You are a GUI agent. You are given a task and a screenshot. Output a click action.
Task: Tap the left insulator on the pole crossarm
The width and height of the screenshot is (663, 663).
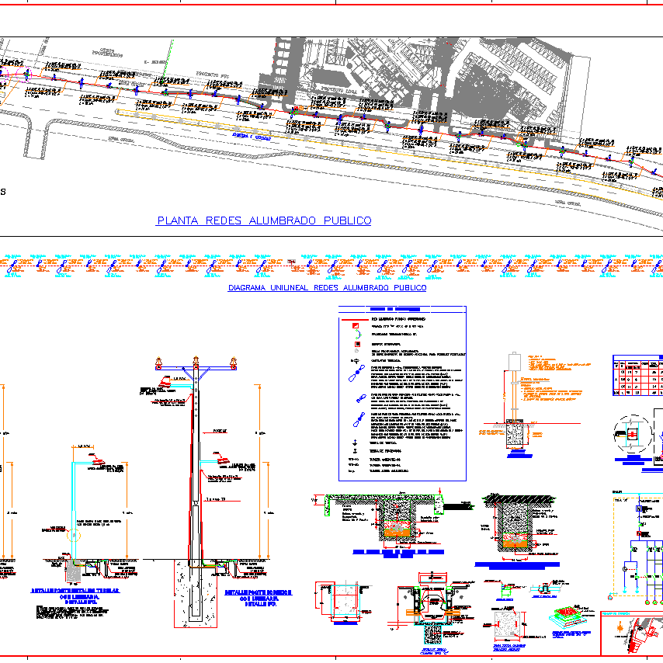coord(159,361)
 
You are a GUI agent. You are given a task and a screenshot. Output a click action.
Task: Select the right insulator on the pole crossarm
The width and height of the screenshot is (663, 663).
coord(233,361)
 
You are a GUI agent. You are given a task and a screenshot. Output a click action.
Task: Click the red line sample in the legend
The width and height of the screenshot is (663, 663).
coord(354,318)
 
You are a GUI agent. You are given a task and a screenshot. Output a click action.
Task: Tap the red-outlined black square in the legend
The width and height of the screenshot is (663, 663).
coord(355,343)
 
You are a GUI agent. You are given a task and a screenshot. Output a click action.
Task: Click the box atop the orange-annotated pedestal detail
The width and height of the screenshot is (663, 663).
coord(512,362)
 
